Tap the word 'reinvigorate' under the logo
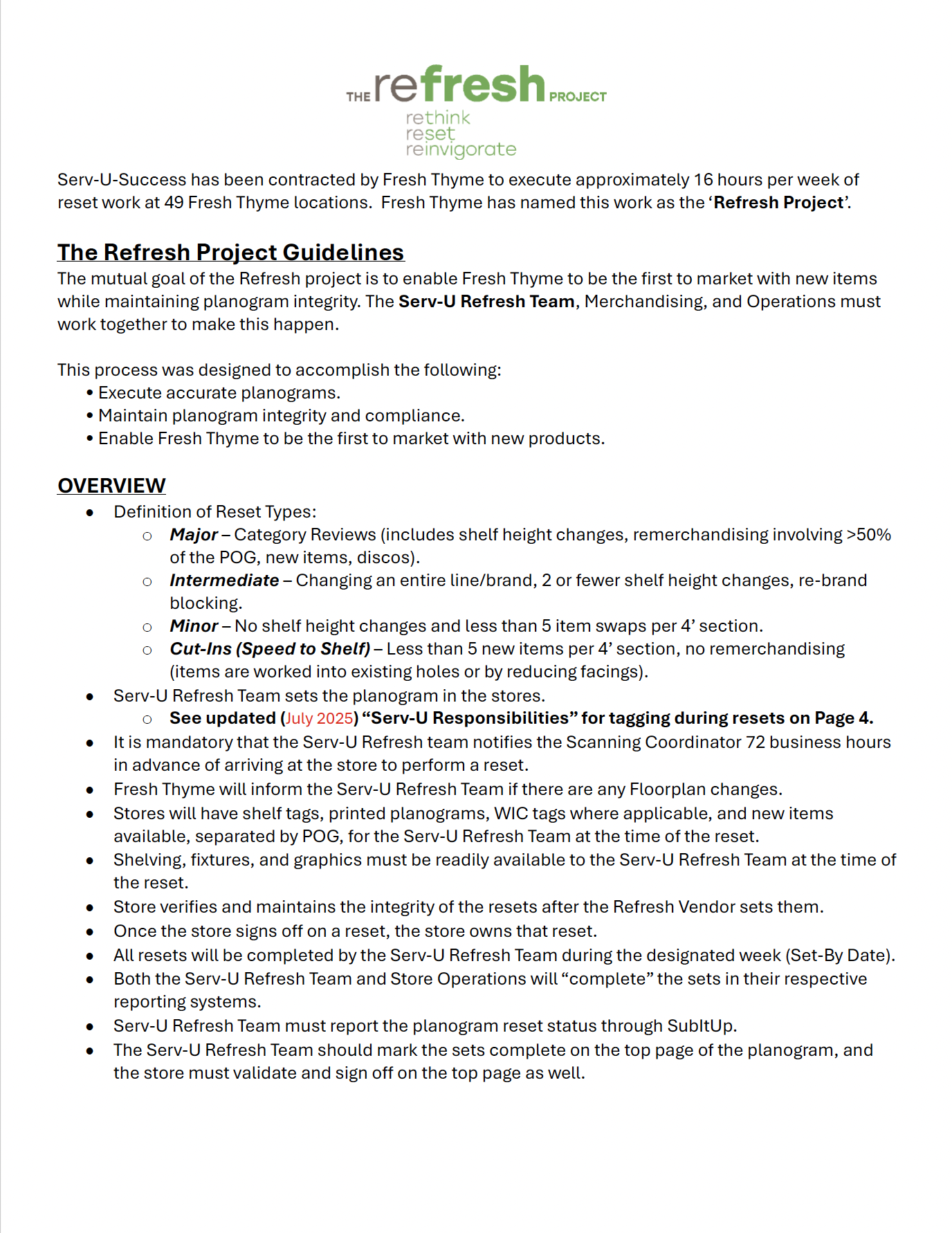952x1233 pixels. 461,149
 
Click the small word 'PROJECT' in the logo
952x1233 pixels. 578,97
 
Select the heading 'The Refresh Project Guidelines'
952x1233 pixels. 230,253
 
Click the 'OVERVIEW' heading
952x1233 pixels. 111,486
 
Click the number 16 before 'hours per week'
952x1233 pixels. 703,180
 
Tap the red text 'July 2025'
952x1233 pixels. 320,718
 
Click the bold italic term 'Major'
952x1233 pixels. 194,535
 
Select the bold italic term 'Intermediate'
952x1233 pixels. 224,581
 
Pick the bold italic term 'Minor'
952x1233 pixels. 194,626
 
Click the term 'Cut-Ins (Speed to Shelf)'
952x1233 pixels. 270,649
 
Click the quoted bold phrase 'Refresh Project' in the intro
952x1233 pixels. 778,203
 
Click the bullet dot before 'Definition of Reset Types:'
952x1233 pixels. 90,513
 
